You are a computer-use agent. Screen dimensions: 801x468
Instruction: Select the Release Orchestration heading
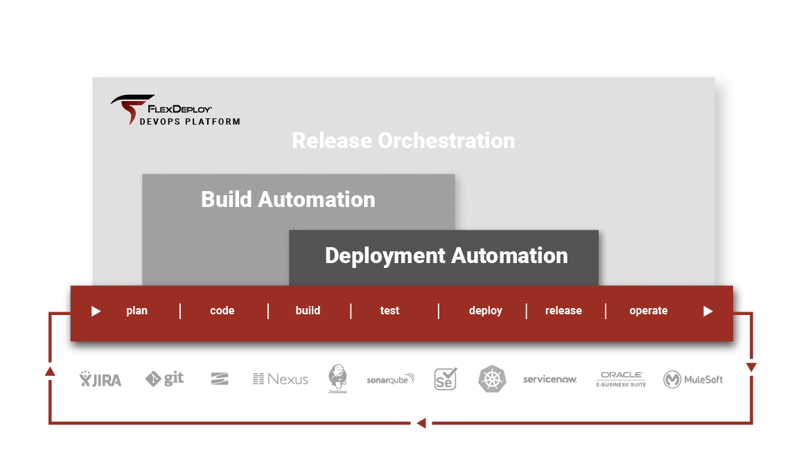(x=403, y=141)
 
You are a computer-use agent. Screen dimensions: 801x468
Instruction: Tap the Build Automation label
(x=288, y=199)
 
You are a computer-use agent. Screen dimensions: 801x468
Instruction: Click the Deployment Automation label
(x=446, y=255)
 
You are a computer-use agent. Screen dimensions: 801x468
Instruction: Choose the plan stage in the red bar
(x=137, y=311)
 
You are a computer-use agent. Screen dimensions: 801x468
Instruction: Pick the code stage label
(x=222, y=311)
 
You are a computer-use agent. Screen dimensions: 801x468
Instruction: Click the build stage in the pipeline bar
(x=308, y=310)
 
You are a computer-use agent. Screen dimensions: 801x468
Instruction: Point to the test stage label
(x=390, y=311)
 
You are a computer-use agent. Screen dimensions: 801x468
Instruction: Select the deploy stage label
(x=486, y=311)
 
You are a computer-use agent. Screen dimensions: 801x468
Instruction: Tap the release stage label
(x=563, y=310)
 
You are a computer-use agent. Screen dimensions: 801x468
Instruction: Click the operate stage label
(x=649, y=311)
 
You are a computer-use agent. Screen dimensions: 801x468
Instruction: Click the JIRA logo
(x=100, y=379)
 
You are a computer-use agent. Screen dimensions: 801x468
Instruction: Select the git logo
(x=164, y=379)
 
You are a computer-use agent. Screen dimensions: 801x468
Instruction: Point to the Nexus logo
(x=281, y=379)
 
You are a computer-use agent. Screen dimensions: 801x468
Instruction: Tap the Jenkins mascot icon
(x=337, y=378)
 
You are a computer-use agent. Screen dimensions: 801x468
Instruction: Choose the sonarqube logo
(x=391, y=379)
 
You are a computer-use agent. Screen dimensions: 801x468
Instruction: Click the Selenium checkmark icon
(x=446, y=379)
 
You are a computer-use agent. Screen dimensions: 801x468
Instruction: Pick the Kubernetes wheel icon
(x=492, y=379)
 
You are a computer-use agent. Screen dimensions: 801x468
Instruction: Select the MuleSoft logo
(x=693, y=379)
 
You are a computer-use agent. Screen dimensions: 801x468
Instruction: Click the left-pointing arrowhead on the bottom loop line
(x=421, y=423)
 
